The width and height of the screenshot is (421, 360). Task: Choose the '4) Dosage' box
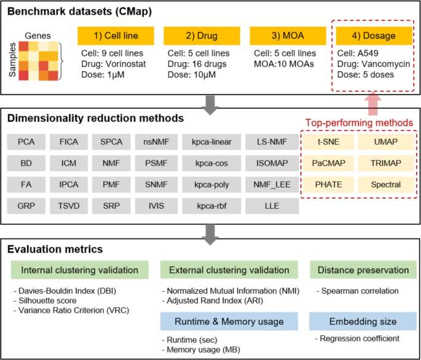pos(373,36)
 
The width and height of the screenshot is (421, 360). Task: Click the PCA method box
pos(26,142)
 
